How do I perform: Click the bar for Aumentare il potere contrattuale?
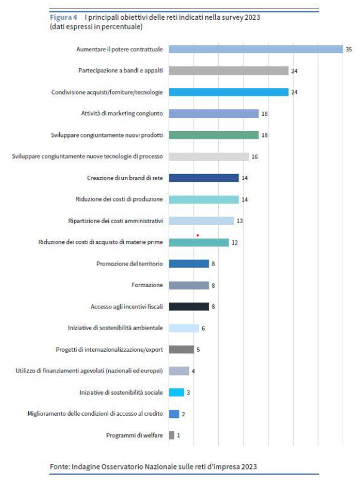pos(256,49)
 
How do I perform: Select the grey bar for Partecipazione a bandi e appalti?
pos(228,71)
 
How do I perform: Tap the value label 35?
pos(349,49)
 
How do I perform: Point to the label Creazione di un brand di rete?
pos(125,178)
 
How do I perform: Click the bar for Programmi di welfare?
pos(172,435)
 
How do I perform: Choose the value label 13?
pos(239,221)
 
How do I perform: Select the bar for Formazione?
pos(189,285)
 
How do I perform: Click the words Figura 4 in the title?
pos(63,17)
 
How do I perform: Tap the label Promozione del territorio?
pos(130,264)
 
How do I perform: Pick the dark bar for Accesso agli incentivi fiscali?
pos(189,307)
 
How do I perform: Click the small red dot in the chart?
pos(197,235)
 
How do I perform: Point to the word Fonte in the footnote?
pos(60,466)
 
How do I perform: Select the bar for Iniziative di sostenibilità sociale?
pos(176,392)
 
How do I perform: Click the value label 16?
pos(254,157)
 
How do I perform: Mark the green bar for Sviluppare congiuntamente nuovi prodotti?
pos(213,135)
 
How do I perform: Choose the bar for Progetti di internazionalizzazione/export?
pos(181,349)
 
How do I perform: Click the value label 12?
pos(234,242)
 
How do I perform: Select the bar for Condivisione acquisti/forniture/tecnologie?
pos(228,92)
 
